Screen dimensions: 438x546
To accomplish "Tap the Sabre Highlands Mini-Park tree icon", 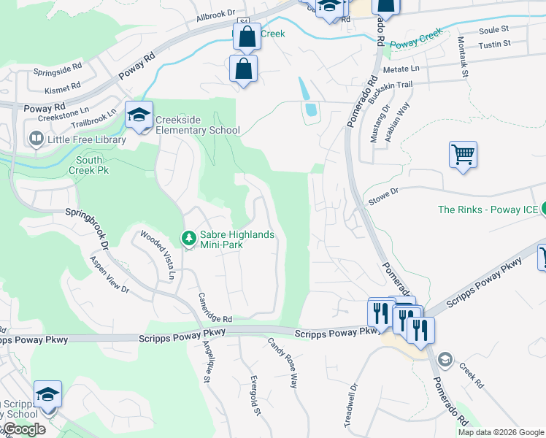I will [x=189, y=239].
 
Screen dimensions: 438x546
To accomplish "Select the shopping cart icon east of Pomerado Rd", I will [x=463, y=155].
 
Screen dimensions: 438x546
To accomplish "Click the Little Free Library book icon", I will [x=35, y=139].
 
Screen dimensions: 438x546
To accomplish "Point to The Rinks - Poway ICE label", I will [x=488, y=210].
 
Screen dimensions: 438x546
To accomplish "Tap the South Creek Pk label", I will [x=88, y=165].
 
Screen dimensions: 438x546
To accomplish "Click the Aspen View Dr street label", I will [x=109, y=274].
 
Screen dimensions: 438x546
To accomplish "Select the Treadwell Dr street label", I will [x=349, y=406].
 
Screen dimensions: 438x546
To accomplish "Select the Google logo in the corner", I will [x=23, y=429].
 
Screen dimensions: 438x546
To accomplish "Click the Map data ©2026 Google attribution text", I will [x=500, y=432].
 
